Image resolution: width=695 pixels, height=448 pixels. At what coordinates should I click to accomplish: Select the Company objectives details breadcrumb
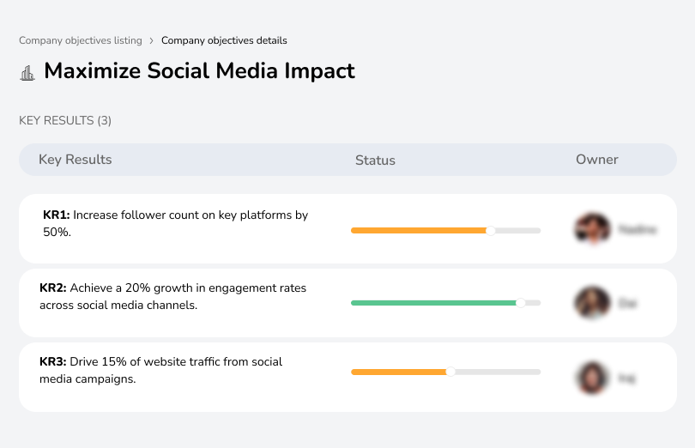click(x=224, y=40)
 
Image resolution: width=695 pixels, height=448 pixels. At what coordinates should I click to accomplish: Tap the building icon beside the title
click(x=27, y=72)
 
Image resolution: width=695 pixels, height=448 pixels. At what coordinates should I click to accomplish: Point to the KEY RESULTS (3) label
click(x=65, y=121)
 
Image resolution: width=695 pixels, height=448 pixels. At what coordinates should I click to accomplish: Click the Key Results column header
click(x=75, y=160)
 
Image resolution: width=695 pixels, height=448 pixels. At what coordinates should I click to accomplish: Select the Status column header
click(x=375, y=160)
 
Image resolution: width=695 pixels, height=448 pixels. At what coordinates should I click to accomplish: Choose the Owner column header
click(x=596, y=160)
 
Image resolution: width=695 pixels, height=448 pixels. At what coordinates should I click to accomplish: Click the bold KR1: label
click(x=56, y=215)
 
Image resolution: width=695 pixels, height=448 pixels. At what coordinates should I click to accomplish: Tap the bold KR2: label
click(x=53, y=288)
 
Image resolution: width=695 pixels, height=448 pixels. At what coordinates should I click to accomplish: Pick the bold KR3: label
click(x=53, y=362)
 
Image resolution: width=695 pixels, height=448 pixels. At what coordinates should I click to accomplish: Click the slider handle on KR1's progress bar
click(x=491, y=230)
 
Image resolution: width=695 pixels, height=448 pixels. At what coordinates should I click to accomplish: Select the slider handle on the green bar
click(x=520, y=303)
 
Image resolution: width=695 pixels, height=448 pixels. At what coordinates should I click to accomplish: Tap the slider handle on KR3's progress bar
click(x=450, y=372)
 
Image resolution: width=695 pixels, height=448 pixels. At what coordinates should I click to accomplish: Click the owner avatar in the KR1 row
click(x=592, y=229)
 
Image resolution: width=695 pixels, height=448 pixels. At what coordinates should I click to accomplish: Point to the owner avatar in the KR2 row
click(x=592, y=303)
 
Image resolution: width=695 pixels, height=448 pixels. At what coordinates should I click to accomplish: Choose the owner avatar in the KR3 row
click(x=592, y=378)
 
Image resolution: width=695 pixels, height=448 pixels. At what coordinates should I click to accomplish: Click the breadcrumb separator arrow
click(x=151, y=40)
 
